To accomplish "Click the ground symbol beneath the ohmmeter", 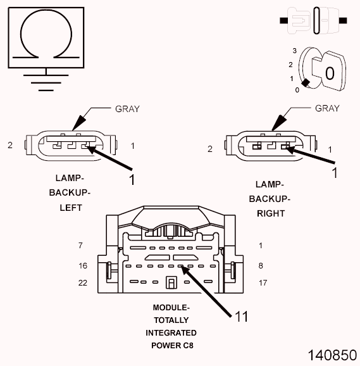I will point(42,80).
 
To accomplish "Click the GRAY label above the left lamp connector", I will point(127,108).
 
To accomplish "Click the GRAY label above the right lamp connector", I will point(326,108).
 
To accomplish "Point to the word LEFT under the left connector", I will point(70,207).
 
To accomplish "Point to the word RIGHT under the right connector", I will point(271,213).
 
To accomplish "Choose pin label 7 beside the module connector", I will point(80,245).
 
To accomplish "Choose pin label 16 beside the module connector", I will point(83,265).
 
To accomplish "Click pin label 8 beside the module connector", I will point(261,265).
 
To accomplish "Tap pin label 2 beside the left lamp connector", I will point(10,146).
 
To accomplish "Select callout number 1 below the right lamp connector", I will point(335,172).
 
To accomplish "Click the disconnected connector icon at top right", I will point(313,20).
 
